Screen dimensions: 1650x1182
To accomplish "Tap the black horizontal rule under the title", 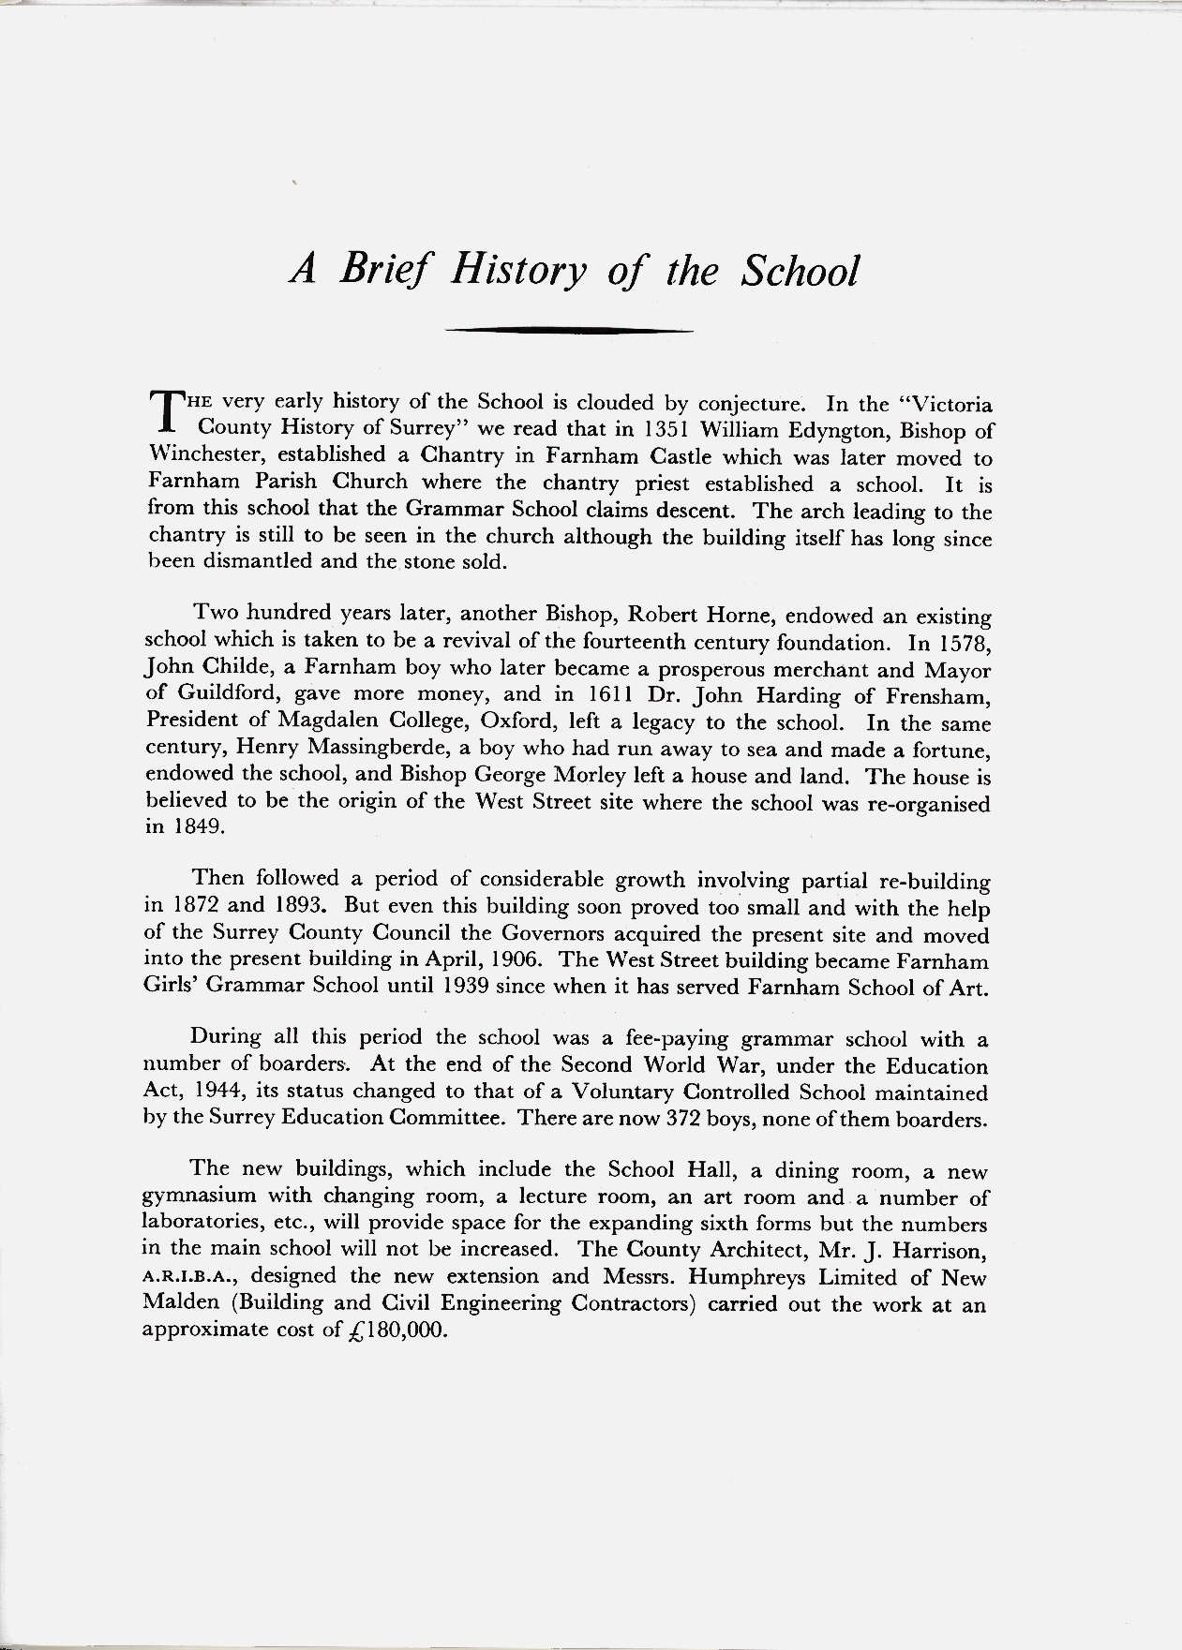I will [568, 330].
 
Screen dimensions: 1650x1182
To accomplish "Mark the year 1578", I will [961, 644].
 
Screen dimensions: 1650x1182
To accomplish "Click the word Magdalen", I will [297, 722].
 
